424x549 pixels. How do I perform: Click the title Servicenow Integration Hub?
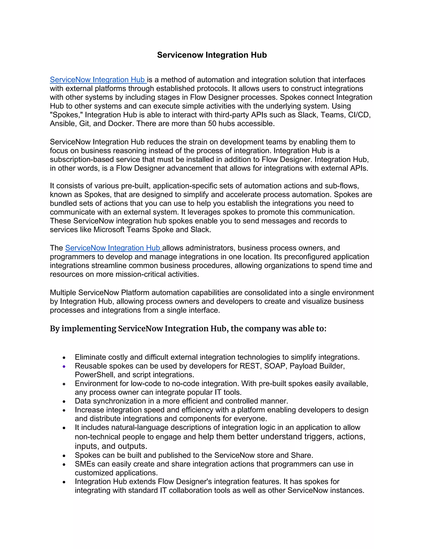click(x=212, y=55)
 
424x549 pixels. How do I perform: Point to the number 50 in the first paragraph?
click(x=212, y=124)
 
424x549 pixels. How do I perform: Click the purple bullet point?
click(x=64, y=366)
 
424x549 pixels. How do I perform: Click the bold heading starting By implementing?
click(x=188, y=329)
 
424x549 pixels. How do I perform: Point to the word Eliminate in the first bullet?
click(x=91, y=357)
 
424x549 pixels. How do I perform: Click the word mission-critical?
click(x=139, y=274)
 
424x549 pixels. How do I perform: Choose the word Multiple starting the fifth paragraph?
click(x=63, y=293)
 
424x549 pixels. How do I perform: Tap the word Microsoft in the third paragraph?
click(x=109, y=230)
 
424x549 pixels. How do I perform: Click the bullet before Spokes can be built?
click(x=64, y=456)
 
